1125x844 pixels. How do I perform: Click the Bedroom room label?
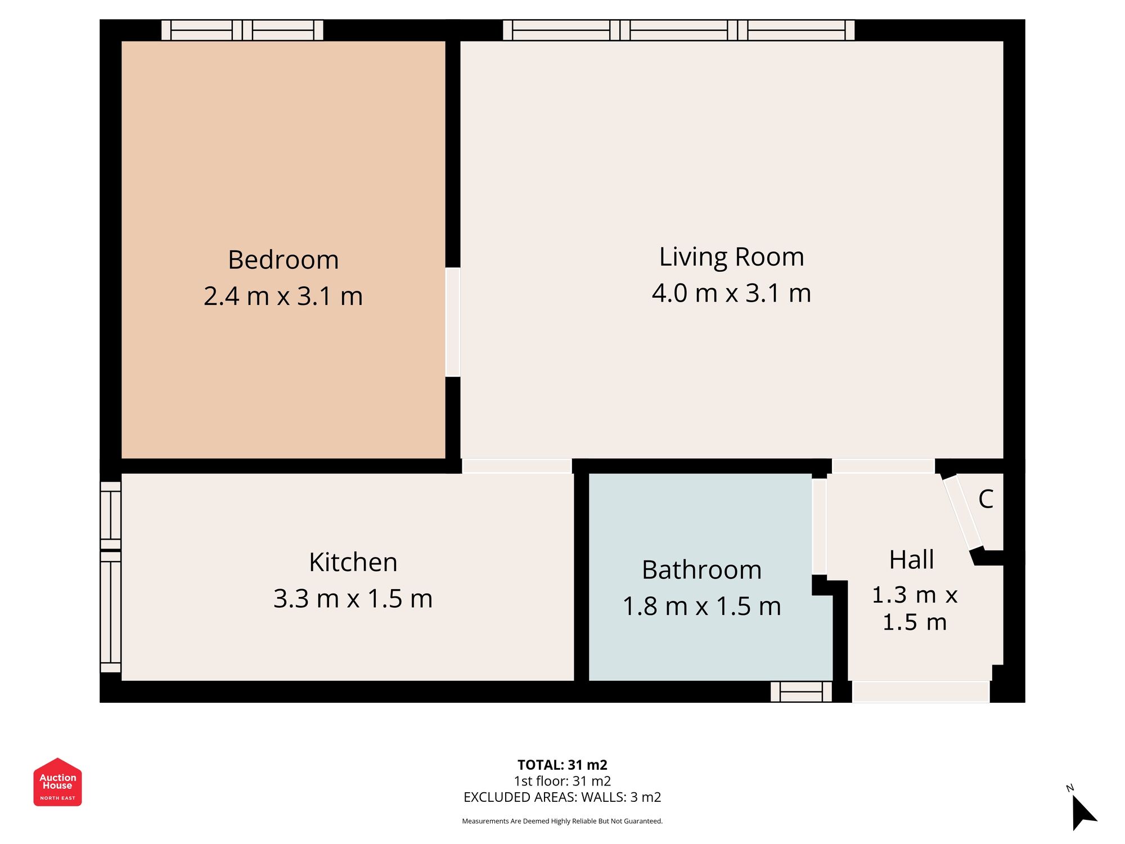(283, 260)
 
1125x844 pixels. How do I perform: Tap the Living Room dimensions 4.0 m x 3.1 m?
(731, 293)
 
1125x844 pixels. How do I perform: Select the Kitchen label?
(353, 562)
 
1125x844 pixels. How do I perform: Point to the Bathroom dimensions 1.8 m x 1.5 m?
(701, 607)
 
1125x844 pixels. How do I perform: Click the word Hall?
(911, 560)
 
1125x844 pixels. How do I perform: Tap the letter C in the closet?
(985, 499)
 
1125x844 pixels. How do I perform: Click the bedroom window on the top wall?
(242, 30)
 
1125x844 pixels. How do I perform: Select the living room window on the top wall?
(678, 30)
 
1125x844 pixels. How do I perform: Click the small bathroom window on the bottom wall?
(801, 692)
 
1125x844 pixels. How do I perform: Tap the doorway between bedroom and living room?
(453, 322)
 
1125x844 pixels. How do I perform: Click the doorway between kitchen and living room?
(517, 465)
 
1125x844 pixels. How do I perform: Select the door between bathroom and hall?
(819, 526)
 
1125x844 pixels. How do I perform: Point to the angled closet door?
(963, 513)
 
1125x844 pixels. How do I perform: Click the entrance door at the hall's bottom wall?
(920, 692)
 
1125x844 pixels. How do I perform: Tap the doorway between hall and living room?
(883, 465)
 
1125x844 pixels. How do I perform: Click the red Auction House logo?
(57, 782)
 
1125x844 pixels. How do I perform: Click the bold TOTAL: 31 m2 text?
(562, 765)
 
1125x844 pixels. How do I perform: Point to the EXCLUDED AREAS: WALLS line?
(562, 797)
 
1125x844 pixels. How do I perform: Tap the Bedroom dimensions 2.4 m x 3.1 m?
(283, 297)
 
